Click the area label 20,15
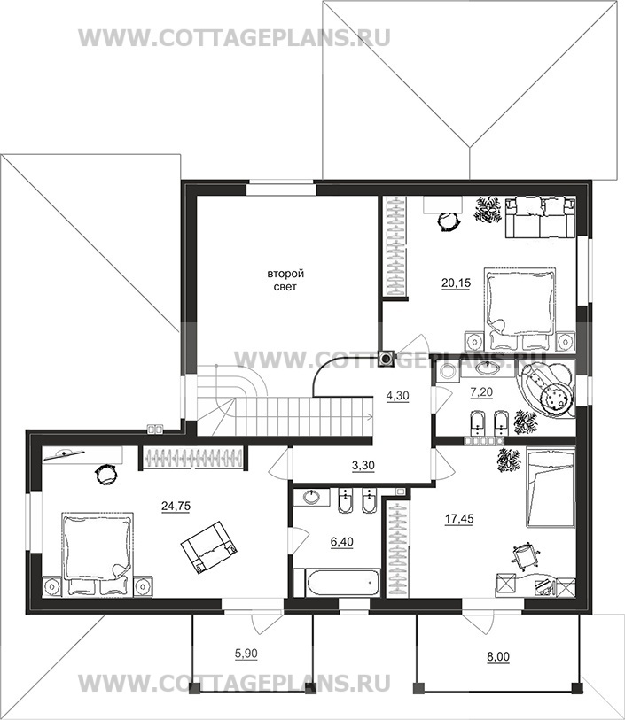tap(456, 283)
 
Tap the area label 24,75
tap(176, 506)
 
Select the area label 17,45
tap(459, 519)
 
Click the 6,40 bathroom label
tap(342, 542)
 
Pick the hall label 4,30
tap(397, 395)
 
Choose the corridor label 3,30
tap(363, 466)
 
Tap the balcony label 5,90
tap(246, 654)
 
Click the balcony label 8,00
tap(498, 657)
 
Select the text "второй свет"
tap(285, 280)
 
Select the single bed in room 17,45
tap(551, 488)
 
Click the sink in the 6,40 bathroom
tap(312, 497)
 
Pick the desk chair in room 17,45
tap(524, 556)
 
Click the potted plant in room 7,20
tap(525, 421)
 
